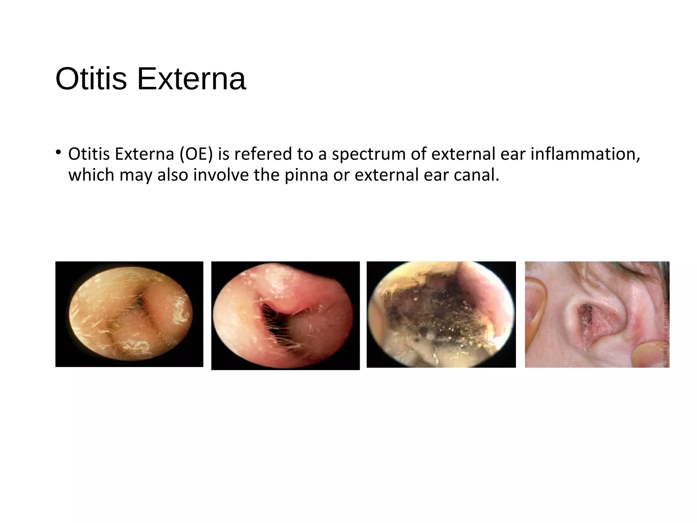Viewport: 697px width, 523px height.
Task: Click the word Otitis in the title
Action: [91, 79]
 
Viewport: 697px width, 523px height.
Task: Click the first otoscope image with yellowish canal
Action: [129, 314]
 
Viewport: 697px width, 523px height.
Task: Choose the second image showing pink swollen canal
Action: [285, 315]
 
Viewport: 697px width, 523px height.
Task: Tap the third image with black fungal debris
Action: [441, 314]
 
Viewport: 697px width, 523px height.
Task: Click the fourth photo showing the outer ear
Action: [597, 314]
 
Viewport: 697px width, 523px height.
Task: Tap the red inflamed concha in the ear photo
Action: [597, 322]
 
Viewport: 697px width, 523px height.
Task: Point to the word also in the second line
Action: [173, 175]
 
